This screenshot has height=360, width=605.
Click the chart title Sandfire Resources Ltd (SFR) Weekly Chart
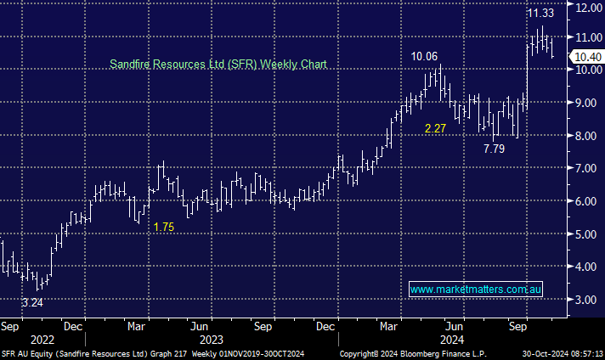[x=218, y=64]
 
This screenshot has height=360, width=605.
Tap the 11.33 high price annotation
[x=541, y=14]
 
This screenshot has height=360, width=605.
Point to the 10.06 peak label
[x=426, y=57]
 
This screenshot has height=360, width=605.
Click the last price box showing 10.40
[x=587, y=56]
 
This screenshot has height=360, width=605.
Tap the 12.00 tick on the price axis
[x=587, y=7]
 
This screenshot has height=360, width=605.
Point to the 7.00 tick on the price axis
[x=587, y=168]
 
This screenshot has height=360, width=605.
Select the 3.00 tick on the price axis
[x=587, y=300]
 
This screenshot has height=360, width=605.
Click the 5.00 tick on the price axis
[x=587, y=234]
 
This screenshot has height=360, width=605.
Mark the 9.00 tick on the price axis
[x=587, y=103]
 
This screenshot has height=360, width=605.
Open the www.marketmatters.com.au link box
[x=476, y=290]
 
